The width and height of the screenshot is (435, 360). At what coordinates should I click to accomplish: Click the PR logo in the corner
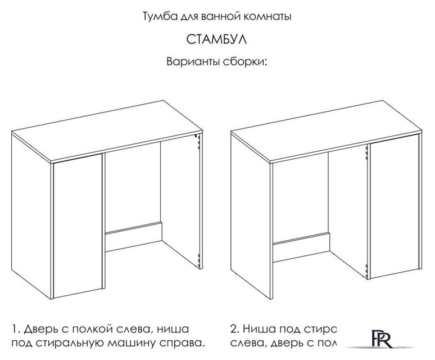[x=387, y=340]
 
